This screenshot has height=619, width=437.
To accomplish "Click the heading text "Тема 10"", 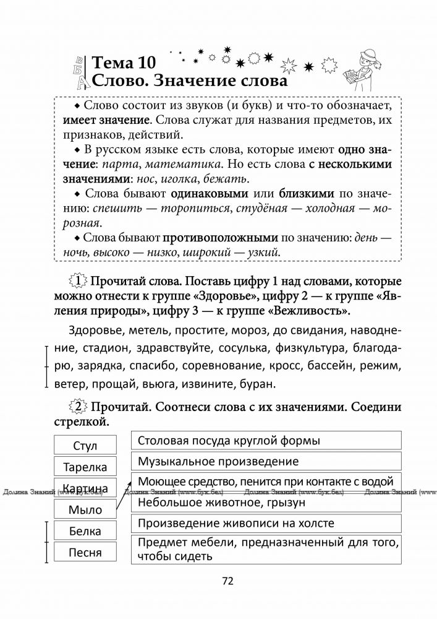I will [124, 63].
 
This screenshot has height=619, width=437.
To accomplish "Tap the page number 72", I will [227, 580].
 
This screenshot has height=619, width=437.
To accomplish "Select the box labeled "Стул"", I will [85, 446].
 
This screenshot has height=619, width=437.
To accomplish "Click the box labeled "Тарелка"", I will [85, 467].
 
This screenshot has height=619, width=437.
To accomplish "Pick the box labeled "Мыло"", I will [85, 510].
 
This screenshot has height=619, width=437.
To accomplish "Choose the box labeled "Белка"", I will [85, 531].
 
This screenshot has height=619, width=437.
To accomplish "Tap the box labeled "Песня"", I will [85, 552].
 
